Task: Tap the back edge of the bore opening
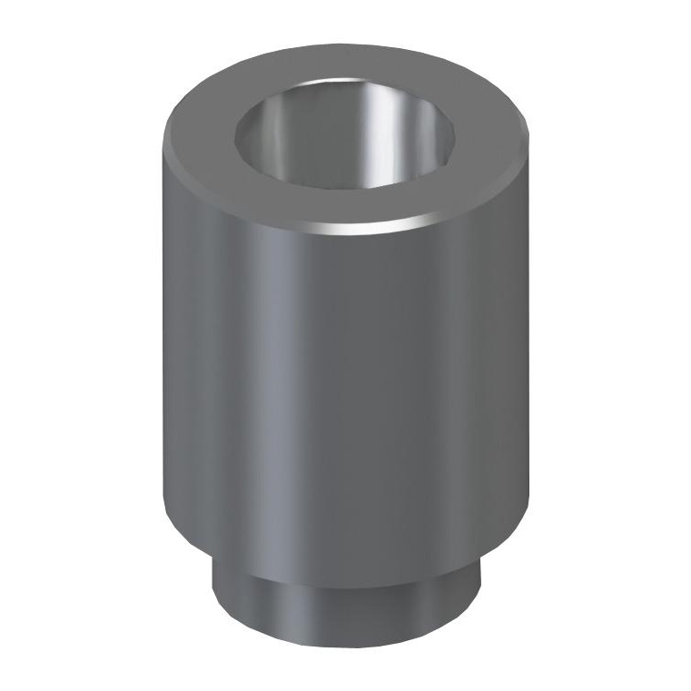pos(344,87)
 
